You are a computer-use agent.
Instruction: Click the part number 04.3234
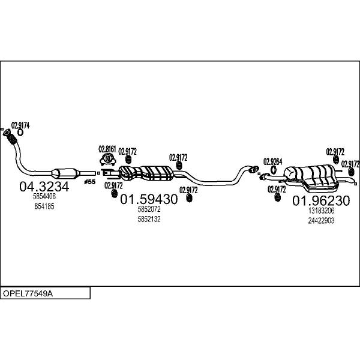point(44,187)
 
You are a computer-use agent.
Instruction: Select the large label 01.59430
point(149,199)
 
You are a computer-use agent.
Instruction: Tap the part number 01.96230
point(321,200)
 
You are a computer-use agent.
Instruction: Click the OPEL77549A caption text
point(28,293)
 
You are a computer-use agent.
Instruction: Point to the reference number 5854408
point(44,197)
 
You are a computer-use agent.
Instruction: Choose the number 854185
point(44,206)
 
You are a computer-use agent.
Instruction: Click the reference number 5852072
point(149,209)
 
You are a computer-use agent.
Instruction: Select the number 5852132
point(149,219)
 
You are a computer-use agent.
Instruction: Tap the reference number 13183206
point(321,211)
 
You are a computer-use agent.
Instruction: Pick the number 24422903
point(321,221)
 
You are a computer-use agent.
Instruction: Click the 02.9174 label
point(20,125)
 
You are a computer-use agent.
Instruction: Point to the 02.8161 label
point(107,149)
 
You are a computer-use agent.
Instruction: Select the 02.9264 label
point(272,162)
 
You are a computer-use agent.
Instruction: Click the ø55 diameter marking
point(90,182)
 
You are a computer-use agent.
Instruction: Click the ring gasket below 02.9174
point(20,133)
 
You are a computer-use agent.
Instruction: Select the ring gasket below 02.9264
point(273,170)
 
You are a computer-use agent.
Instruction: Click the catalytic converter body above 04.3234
point(65,173)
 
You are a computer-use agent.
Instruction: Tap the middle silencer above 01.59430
point(146,173)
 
